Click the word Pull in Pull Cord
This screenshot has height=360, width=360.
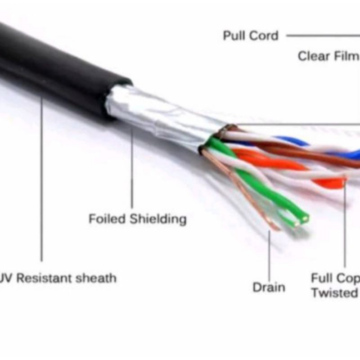(x=234, y=36)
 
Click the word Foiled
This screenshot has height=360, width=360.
(x=107, y=219)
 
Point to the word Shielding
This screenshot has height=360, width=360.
(x=158, y=220)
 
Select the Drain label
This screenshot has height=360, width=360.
(x=269, y=287)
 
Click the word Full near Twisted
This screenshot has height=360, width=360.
(x=322, y=278)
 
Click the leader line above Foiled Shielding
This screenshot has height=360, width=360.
(x=132, y=171)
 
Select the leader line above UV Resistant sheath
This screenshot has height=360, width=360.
(x=42, y=180)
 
